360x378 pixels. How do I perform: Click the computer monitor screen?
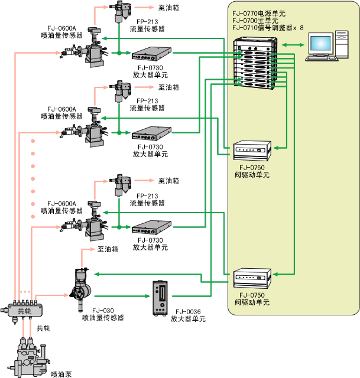coord(321,44)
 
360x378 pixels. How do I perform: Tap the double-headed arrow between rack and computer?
coord(293,44)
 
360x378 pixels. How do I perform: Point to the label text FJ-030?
coord(103,310)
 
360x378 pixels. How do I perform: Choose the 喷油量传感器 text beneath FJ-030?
coord(103,318)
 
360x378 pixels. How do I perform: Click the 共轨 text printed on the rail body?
coord(25,311)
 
